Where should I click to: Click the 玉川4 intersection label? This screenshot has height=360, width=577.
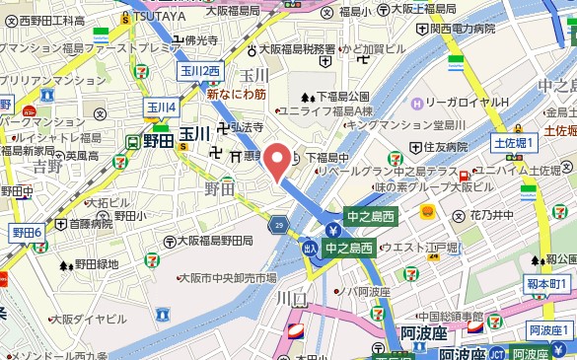click(x=161, y=107)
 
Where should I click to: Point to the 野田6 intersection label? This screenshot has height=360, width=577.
click(x=27, y=232)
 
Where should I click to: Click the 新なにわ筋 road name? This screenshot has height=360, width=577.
click(x=236, y=95)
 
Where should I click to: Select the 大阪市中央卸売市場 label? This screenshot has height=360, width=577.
click(x=226, y=279)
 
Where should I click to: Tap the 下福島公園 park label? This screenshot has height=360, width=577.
click(x=340, y=97)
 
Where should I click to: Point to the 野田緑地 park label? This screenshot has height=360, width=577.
click(x=94, y=264)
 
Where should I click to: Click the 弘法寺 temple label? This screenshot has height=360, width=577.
click(x=247, y=127)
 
